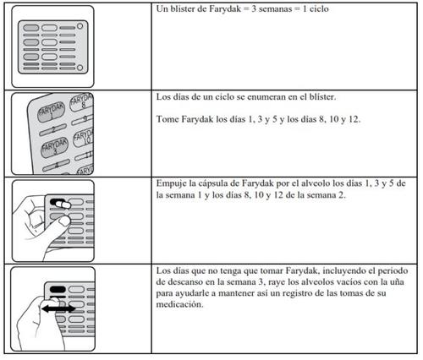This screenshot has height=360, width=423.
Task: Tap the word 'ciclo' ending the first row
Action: click(x=319, y=9)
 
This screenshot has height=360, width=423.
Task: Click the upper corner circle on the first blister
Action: click(x=80, y=26)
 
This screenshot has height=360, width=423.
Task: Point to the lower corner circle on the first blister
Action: click(x=80, y=68)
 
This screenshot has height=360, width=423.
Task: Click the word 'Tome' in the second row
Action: click(x=168, y=119)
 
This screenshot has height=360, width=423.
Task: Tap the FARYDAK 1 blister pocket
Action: click(x=52, y=112)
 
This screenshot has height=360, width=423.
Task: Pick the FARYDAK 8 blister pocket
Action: click(x=83, y=102)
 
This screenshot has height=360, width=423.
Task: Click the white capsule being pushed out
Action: click(x=63, y=205)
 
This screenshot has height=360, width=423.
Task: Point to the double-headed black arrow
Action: click(x=58, y=309)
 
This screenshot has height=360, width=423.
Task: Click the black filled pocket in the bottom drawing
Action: click(x=58, y=289)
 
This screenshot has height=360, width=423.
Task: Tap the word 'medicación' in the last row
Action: click(x=179, y=304)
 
